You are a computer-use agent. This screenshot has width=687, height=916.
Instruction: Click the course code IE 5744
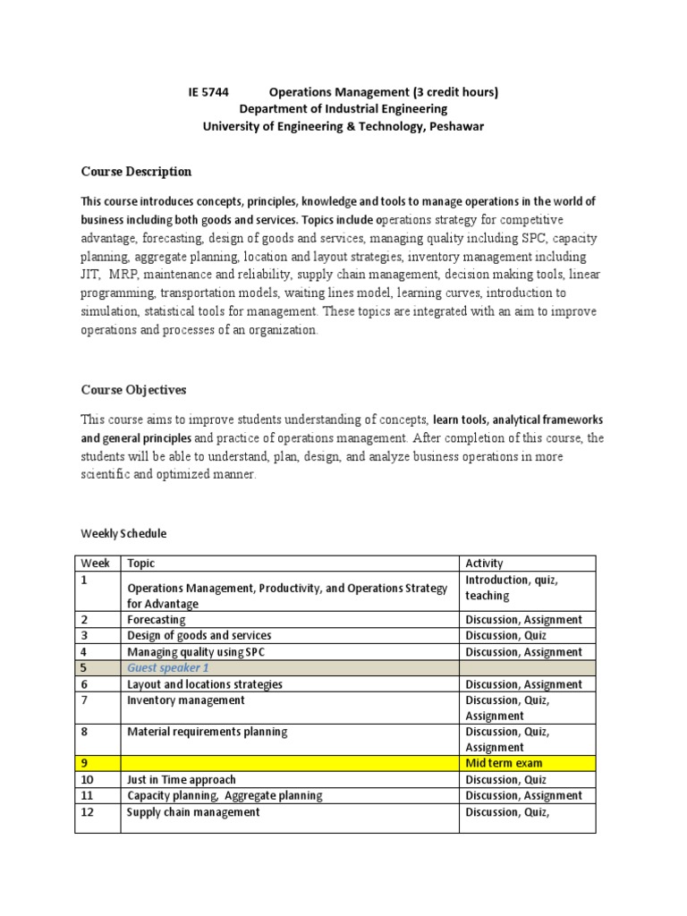click(x=208, y=92)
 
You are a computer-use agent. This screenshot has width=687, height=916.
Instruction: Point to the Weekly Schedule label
click(x=123, y=533)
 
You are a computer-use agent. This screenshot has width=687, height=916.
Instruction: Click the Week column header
click(x=96, y=563)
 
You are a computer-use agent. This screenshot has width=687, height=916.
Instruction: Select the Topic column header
click(x=141, y=563)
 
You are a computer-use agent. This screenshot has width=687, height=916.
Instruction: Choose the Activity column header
click(x=484, y=563)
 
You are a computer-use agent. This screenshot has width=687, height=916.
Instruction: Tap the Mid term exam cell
click(x=504, y=763)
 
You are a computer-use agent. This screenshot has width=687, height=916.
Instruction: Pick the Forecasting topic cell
click(x=157, y=619)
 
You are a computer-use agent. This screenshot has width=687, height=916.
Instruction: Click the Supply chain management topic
click(x=193, y=812)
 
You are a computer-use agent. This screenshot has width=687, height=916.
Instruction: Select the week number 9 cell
click(x=85, y=763)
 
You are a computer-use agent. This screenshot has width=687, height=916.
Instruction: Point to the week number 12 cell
click(x=88, y=812)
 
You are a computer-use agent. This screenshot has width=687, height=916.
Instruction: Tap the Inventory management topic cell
click(x=186, y=700)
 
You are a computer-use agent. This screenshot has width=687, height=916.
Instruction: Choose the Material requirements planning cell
click(x=208, y=732)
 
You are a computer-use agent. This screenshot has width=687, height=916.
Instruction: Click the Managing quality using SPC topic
click(x=197, y=652)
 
